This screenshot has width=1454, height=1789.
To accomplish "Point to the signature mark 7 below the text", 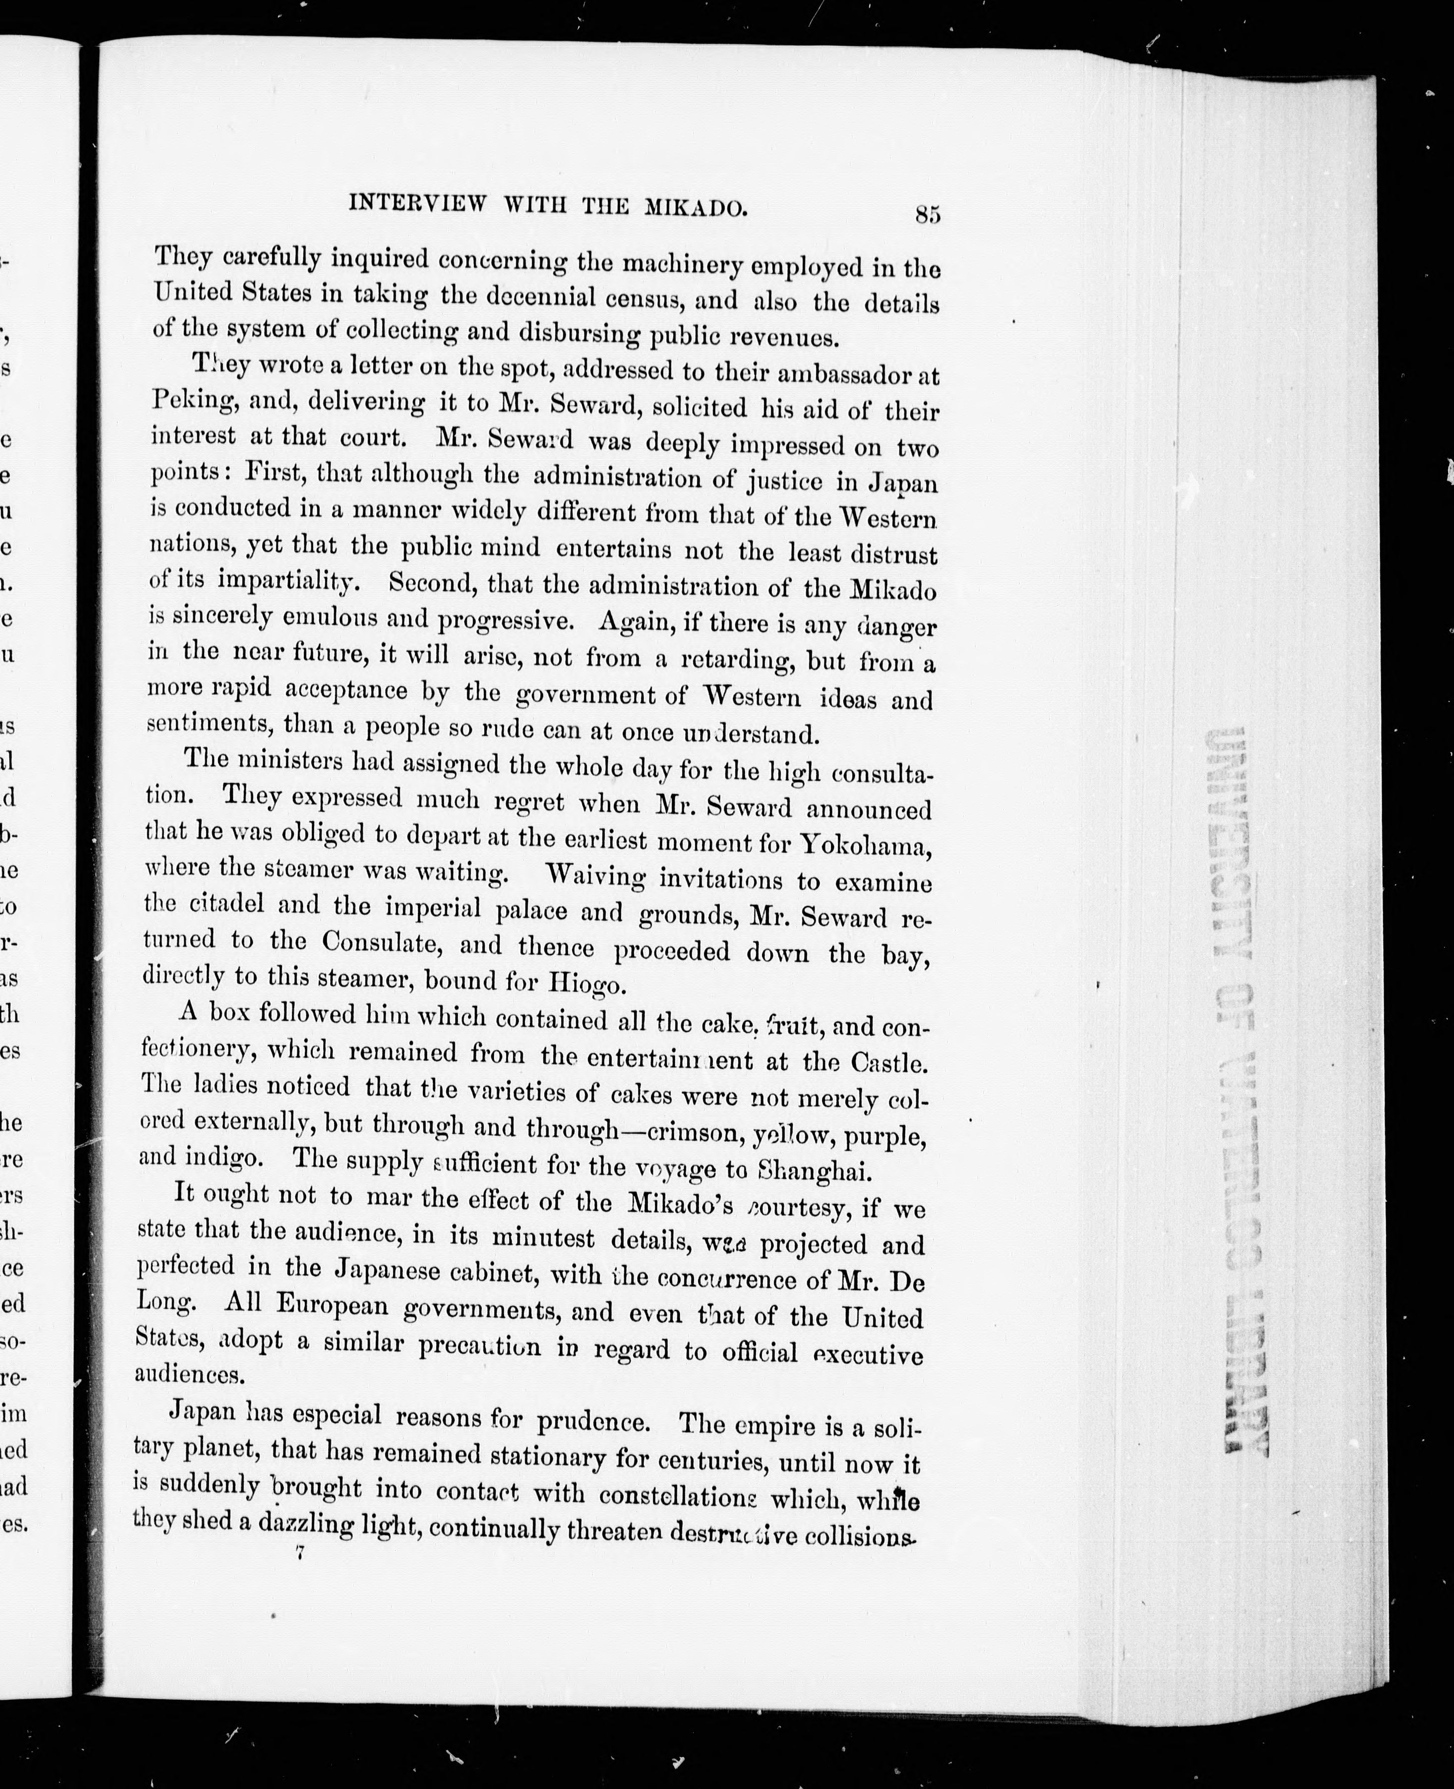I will click(x=298, y=1553).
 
